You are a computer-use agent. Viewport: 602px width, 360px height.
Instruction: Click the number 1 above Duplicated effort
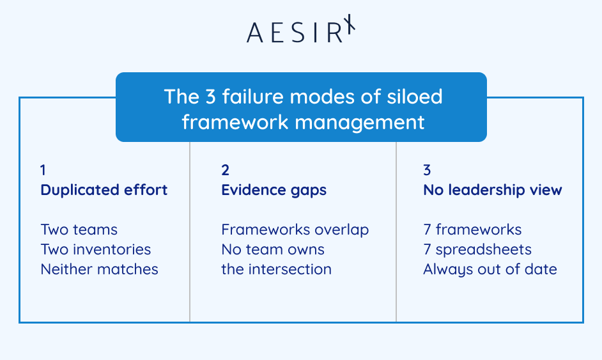[x=43, y=170]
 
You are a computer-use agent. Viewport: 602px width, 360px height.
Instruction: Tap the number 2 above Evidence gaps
[x=225, y=170]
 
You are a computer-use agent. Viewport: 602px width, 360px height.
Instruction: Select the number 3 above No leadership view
[x=427, y=170]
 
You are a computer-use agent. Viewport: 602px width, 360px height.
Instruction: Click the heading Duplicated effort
[x=104, y=190]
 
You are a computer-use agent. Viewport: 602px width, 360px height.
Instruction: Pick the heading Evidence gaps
[x=274, y=190]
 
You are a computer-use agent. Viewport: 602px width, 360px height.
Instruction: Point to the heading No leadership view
[x=493, y=190]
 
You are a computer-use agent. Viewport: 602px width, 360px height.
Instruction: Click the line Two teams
[x=79, y=230]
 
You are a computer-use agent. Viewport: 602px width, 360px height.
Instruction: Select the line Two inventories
[x=96, y=249]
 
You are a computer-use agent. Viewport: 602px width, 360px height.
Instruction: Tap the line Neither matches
[x=99, y=269]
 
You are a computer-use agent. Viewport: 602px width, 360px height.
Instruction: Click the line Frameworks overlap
[x=295, y=230]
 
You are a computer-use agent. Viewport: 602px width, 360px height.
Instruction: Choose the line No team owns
[x=273, y=249]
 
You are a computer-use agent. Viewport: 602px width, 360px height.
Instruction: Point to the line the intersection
[x=276, y=269]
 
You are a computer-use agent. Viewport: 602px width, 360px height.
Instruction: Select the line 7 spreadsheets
[x=477, y=249]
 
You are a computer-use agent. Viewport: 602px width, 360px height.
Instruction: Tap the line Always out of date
[x=490, y=269]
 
